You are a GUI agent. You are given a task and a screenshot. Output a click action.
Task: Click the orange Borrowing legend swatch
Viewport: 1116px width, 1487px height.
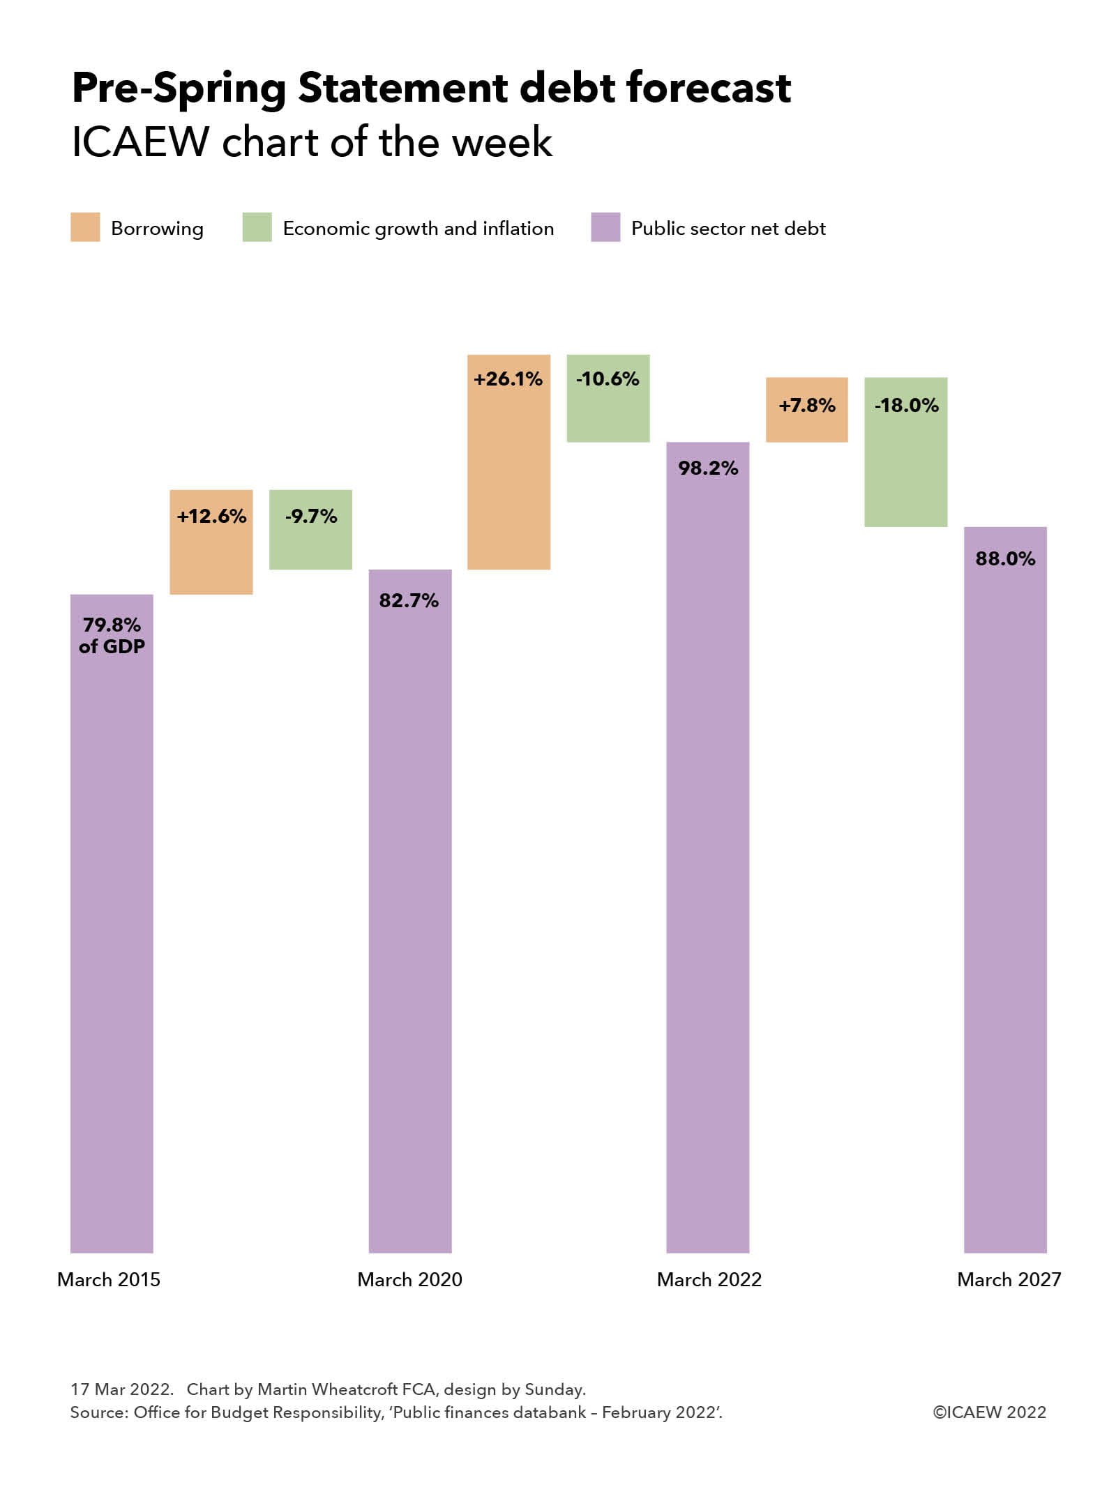tap(85, 228)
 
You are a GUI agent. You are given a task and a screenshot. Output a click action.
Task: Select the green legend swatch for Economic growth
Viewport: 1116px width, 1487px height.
tap(257, 228)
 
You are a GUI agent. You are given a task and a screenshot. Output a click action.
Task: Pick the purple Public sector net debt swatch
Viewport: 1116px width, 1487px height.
tap(605, 228)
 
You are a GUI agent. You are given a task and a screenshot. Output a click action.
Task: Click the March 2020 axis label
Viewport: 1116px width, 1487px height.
tap(409, 1279)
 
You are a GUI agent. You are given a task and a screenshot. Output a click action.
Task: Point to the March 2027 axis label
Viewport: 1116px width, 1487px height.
tap(1009, 1279)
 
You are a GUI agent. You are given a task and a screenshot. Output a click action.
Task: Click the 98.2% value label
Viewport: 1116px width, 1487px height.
tap(708, 468)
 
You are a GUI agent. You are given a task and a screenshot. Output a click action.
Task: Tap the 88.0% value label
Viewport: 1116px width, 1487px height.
tap(1005, 558)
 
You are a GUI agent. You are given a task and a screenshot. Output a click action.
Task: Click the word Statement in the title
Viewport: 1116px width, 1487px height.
tap(402, 89)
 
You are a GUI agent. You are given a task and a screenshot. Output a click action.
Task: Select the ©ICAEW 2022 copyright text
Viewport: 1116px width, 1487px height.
tap(989, 1412)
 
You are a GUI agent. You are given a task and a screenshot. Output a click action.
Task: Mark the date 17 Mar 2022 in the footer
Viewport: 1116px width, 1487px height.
tap(121, 1389)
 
